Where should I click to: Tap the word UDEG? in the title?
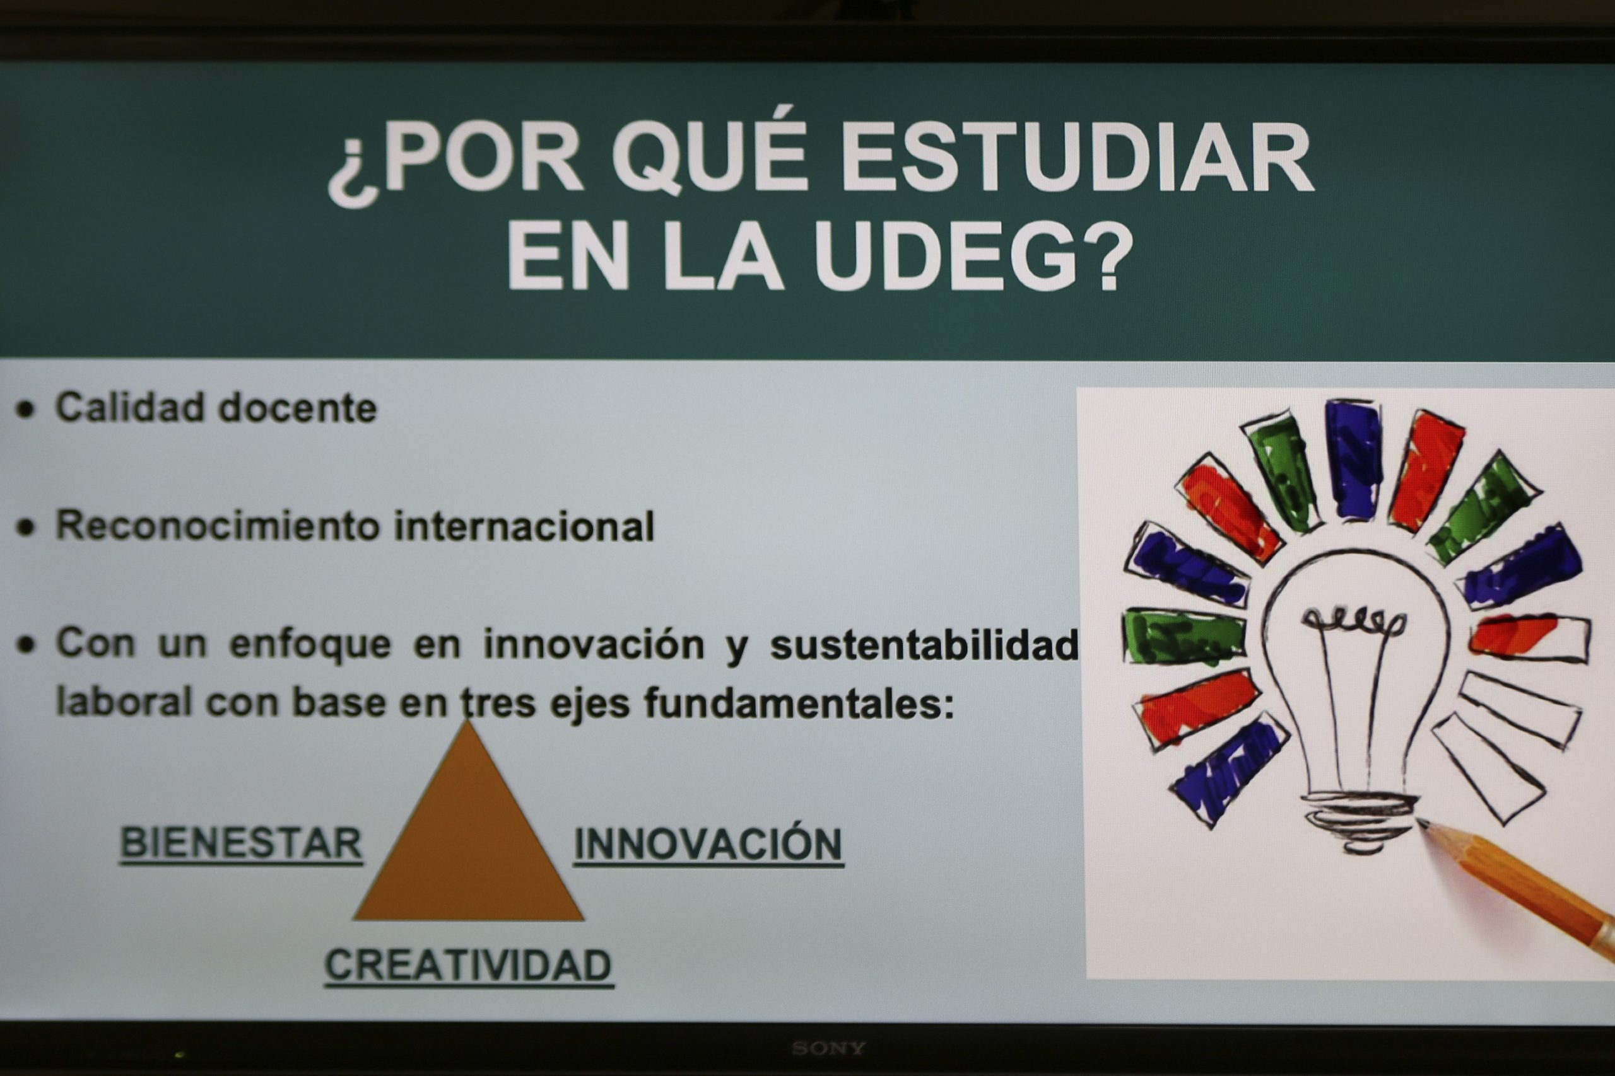975,256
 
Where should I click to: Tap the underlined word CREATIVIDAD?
468,966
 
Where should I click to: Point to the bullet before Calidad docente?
26,410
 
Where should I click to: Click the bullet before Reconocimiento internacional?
26,528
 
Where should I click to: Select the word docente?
297,408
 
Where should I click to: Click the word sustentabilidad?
924,645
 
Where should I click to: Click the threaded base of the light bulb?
1360,822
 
